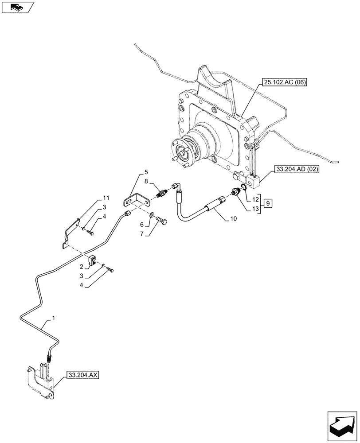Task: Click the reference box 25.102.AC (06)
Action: pos(284,82)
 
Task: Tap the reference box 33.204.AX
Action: pos(83,375)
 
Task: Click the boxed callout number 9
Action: pos(269,203)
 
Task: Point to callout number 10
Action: pos(234,218)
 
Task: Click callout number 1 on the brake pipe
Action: pos(54,318)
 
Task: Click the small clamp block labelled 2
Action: pos(94,261)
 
